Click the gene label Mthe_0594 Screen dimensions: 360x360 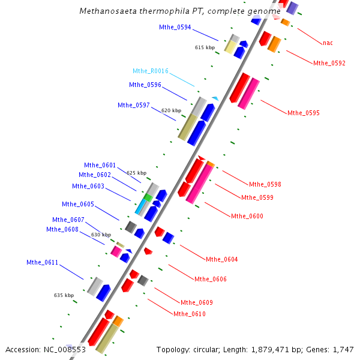point(175,27)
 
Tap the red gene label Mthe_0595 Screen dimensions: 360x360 point(304,113)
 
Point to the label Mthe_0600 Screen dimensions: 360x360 point(247,216)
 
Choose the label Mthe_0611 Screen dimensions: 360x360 point(42,262)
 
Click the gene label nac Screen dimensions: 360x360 point(328,43)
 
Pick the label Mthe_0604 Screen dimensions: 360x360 point(222,259)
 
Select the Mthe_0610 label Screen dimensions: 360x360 point(190,314)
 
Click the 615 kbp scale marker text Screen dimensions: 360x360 point(205,47)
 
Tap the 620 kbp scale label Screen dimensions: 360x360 point(171,110)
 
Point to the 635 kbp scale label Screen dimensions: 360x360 point(64,295)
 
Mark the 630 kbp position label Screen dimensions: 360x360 point(101,235)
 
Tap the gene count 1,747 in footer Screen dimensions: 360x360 point(344,349)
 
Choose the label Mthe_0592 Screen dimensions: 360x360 point(329,63)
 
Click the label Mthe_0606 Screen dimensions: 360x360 point(211,279)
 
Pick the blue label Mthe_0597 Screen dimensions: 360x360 point(134,105)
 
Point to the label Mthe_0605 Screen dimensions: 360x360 point(78,204)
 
